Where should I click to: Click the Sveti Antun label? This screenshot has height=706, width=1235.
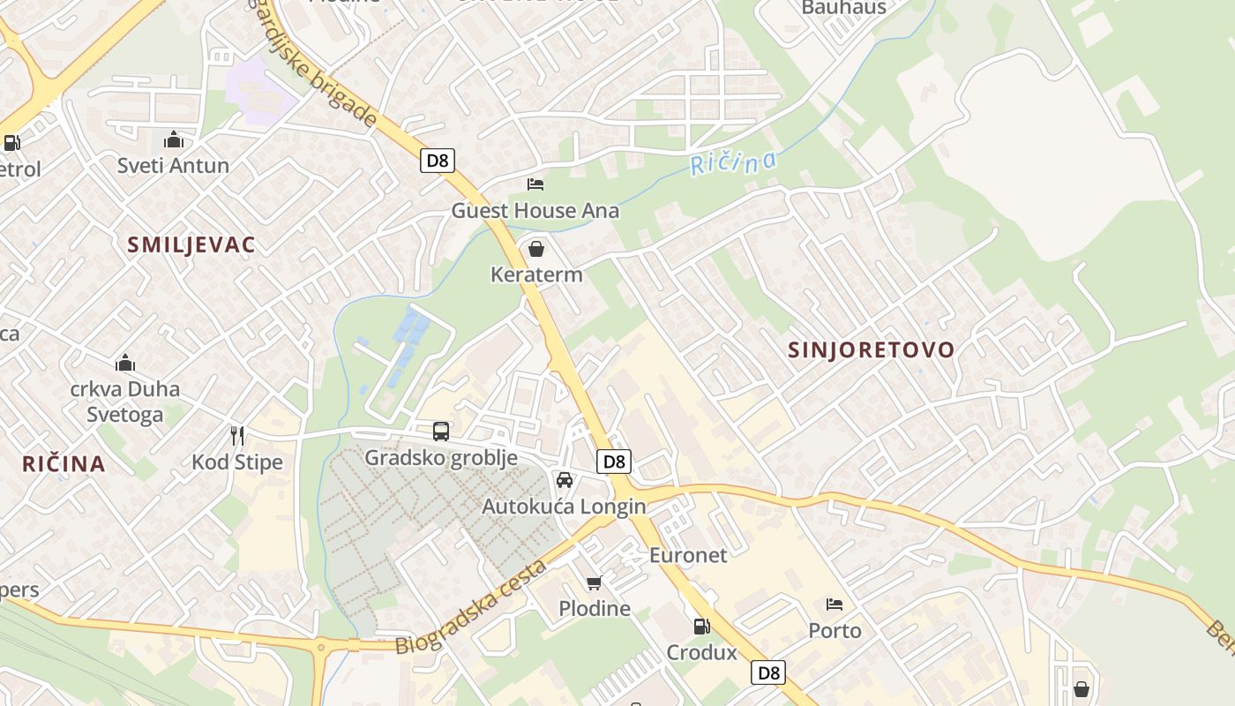pos(173,165)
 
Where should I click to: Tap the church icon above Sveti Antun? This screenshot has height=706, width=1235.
pos(174,140)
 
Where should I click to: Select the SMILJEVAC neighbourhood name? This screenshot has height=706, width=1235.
pos(191,245)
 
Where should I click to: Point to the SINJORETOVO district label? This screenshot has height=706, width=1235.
pos(871,349)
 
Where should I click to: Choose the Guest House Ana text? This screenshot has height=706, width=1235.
pos(535,211)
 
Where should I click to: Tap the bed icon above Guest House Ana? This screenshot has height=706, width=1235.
pos(535,184)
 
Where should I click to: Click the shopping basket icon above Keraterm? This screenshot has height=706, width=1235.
pos(535,249)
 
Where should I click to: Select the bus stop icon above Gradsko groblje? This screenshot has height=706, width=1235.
pos(441,432)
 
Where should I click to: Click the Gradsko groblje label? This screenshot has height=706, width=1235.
pos(441,458)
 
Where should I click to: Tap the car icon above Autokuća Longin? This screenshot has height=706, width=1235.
pos(565,480)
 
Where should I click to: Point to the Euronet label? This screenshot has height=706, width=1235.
pos(688,555)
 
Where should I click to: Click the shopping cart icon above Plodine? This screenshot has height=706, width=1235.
pos(595,582)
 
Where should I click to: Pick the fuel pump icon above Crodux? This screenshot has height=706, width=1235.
pos(701,627)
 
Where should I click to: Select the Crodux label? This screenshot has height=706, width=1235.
pos(701,652)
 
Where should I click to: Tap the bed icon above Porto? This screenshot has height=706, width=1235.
pos(835,605)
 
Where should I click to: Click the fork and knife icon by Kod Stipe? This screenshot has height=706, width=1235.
pos(236,435)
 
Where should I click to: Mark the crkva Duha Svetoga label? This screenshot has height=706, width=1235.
pos(124,402)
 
